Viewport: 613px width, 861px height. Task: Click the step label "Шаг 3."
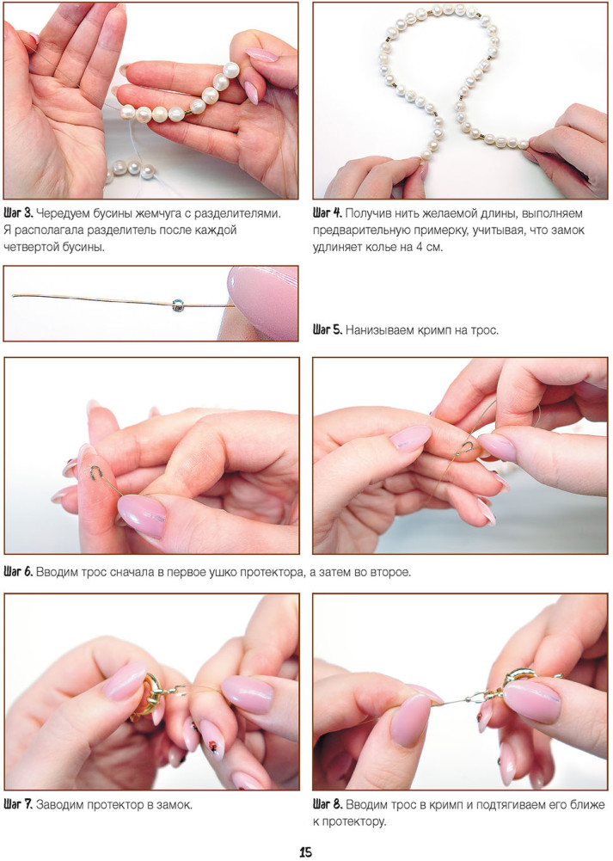pyautogui.click(x=18, y=213)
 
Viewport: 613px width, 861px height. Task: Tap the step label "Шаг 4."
pyautogui.click(x=328, y=213)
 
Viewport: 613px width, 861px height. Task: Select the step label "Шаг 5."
pyautogui.click(x=328, y=330)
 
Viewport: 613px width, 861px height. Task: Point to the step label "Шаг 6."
pyautogui.click(x=18, y=572)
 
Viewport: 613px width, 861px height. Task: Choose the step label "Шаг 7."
pyautogui.click(x=18, y=805)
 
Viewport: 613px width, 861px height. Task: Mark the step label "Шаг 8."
pyautogui.click(x=328, y=805)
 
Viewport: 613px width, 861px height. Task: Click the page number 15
pyautogui.click(x=306, y=852)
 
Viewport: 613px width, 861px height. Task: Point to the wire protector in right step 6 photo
pyautogui.click(x=467, y=448)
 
